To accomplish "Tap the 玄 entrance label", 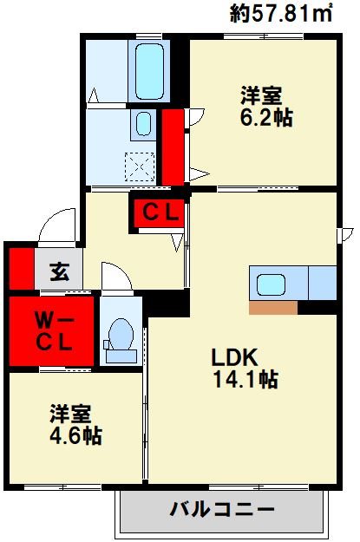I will [x=58, y=271].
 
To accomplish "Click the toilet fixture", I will [x=120, y=335].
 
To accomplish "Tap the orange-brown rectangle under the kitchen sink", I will [x=272, y=307].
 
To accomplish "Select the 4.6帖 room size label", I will [x=75, y=435].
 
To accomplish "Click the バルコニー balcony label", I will [x=222, y=510].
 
